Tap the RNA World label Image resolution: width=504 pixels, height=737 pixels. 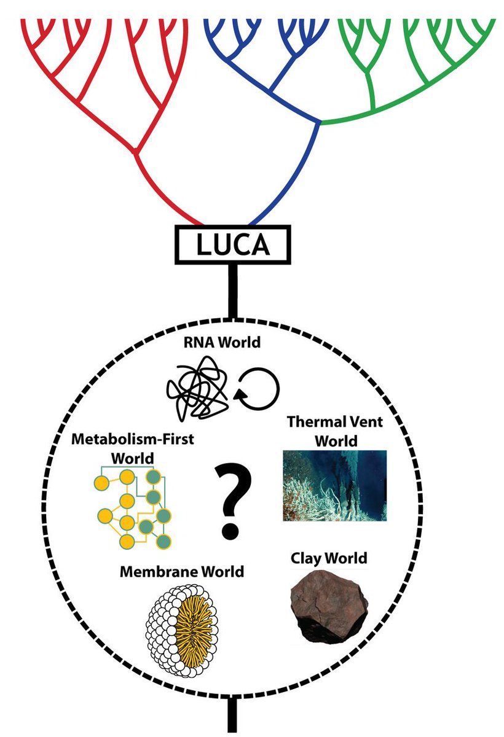(x=220, y=343)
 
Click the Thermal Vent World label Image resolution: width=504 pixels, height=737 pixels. (x=335, y=431)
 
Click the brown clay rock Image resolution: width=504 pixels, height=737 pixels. (x=329, y=608)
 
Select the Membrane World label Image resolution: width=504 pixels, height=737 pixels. (x=182, y=572)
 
